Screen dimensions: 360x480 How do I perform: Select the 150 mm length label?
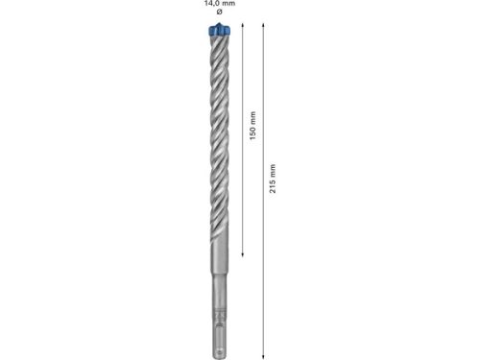click(x=252, y=132)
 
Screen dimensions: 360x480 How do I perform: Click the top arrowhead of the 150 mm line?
click(x=242, y=27)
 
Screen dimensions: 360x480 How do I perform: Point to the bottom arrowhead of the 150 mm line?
click(x=242, y=254)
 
